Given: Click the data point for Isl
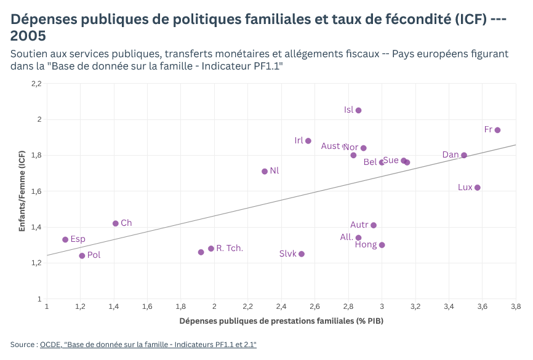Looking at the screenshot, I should click(x=359, y=110).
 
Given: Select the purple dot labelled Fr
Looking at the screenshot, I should click(x=497, y=130).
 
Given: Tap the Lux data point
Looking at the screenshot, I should click(x=478, y=188).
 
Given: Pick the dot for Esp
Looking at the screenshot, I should click(x=65, y=239).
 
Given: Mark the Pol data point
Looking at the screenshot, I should click(x=82, y=255).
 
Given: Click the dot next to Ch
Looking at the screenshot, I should click(x=116, y=223).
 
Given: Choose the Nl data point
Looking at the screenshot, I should click(x=265, y=171).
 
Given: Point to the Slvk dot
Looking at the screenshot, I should click(x=302, y=254).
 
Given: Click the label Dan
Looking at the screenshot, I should click(x=451, y=154).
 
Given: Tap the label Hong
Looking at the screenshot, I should click(x=366, y=245).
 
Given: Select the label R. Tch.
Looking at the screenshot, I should click(x=230, y=248).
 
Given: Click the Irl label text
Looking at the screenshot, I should click(x=299, y=140).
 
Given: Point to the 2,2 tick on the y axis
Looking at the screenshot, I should click(x=36, y=83).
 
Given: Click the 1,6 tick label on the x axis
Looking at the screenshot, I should click(x=147, y=306).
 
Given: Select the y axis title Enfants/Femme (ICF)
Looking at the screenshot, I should click(x=22, y=191).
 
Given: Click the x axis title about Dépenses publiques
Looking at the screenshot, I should click(x=281, y=321).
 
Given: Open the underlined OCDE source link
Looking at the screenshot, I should click(x=148, y=345).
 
